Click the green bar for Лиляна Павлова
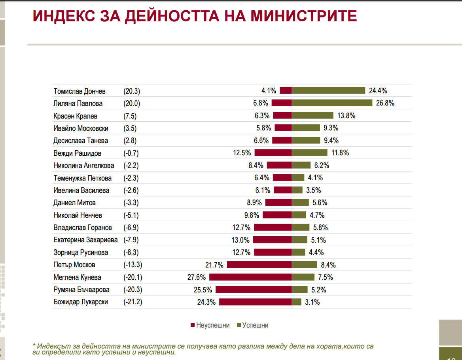[x=332, y=103]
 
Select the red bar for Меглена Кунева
[x=250, y=277]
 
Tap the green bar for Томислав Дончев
[x=328, y=90]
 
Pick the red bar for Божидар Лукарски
[x=255, y=302]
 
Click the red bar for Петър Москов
[x=259, y=265]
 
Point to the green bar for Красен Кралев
[x=312, y=115]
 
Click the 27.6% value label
[x=196, y=277]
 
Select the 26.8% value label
[x=384, y=103]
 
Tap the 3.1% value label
[x=312, y=302]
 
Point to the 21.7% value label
[x=214, y=265]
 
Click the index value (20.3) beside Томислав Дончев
[x=132, y=91]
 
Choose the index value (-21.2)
[x=133, y=302]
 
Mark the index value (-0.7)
[x=131, y=153]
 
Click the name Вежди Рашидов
[x=77, y=153]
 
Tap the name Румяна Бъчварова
[x=81, y=290]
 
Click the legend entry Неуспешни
[x=212, y=325]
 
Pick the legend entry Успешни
[x=255, y=325]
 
